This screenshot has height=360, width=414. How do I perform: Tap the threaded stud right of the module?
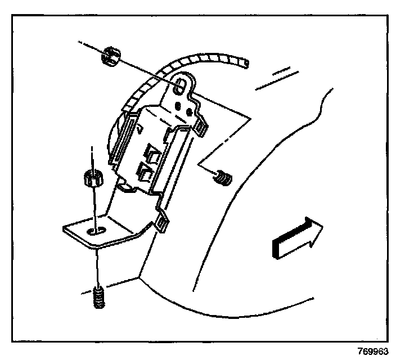(224, 179)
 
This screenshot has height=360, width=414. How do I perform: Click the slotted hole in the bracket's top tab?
(181, 84)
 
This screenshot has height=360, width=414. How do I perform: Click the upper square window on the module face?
(151, 153)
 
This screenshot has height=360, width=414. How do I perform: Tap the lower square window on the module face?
(145, 173)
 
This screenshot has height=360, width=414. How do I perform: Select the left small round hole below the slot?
(178, 105)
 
